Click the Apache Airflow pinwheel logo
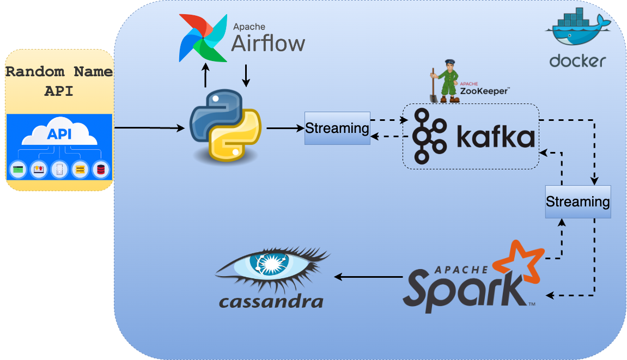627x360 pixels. pos(203,38)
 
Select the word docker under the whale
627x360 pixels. pos(577,60)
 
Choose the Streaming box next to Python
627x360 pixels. pos(337,129)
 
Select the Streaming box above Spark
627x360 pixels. pos(577,202)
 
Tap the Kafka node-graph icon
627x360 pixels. pos(429,136)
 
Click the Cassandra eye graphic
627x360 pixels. pos(272,267)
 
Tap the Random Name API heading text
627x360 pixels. pos(59,81)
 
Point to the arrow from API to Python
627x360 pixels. pos(150,128)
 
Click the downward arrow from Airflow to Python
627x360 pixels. pos(246,76)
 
